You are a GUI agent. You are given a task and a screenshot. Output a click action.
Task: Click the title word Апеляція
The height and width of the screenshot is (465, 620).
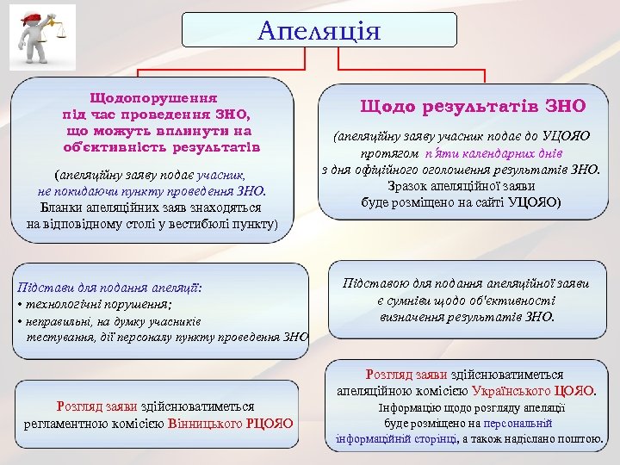point(319,32)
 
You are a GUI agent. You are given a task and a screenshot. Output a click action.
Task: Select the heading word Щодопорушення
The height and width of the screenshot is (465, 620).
point(153,98)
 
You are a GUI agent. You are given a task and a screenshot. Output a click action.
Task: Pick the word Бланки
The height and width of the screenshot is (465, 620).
point(62,208)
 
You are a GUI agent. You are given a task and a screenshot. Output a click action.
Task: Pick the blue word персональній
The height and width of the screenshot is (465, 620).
point(516,423)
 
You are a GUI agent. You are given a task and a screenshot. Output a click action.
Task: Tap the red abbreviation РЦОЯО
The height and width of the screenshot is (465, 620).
point(268,423)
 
